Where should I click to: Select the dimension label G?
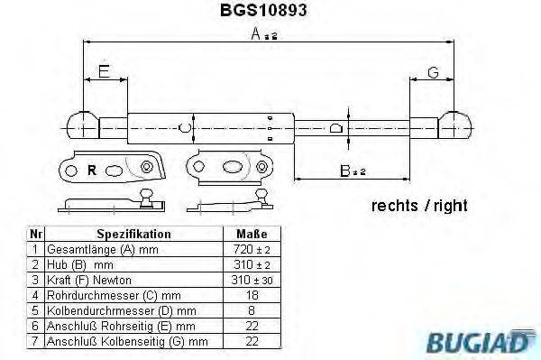tap(434, 72)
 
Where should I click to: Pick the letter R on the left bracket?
tap(91, 168)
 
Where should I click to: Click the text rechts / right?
tap(419, 206)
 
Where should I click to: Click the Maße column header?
tap(250, 234)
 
